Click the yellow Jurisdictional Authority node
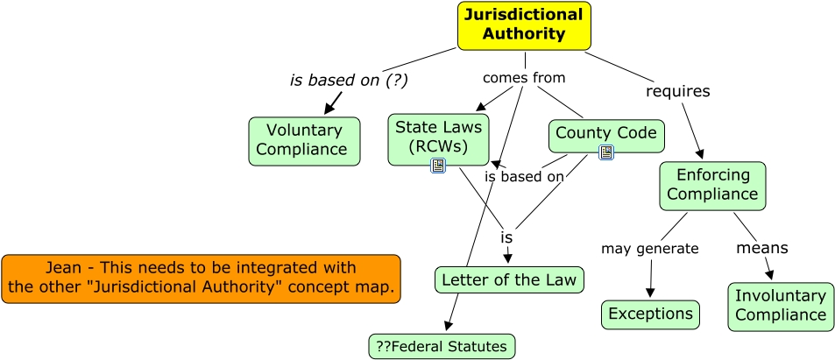pyautogui.click(x=524, y=25)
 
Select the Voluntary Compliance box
pyautogui.click(x=304, y=141)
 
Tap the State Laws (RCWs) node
pyautogui.click(x=438, y=138)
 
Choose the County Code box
pyautogui.click(x=606, y=134)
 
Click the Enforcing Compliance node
pyautogui.click(x=712, y=185)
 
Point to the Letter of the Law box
pyautogui.click(x=509, y=280)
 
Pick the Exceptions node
pyautogui.click(x=650, y=314)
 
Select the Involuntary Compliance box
pyautogui.click(x=780, y=307)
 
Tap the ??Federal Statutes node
pyautogui.click(x=442, y=346)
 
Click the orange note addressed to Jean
pyautogui.click(x=201, y=278)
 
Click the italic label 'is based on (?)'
pyautogui.click(x=349, y=80)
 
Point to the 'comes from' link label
pyautogui.click(x=524, y=77)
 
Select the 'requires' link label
pyautogui.click(x=677, y=90)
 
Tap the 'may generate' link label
pyautogui.click(x=649, y=248)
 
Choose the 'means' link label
pyautogui.click(x=761, y=248)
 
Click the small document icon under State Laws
pyautogui.click(x=439, y=166)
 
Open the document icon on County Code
pyautogui.click(x=606, y=152)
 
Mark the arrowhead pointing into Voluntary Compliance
pyautogui.click(x=329, y=109)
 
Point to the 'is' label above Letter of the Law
pyautogui.click(x=506, y=237)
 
